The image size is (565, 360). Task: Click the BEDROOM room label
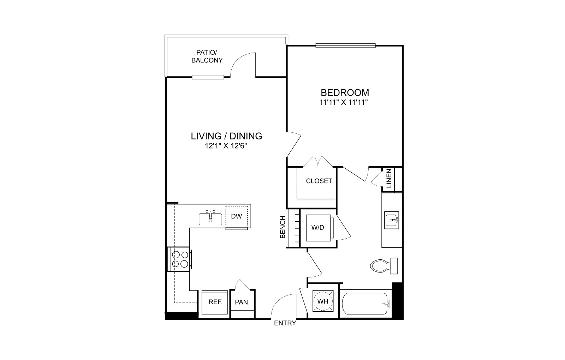[x=345, y=93]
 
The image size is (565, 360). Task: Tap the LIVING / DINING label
[x=226, y=136]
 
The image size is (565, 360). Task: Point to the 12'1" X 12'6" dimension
[x=226, y=146]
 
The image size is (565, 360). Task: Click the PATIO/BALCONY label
[x=207, y=56]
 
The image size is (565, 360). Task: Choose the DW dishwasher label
[x=236, y=216]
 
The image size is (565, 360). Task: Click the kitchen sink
[x=210, y=218]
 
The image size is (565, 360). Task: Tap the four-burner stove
[x=180, y=259]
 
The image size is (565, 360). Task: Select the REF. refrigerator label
[x=215, y=302]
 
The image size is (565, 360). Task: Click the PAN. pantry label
[x=242, y=302]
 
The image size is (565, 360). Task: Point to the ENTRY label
[x=285, y=323]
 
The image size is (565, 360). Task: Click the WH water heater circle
[x=323, y=301]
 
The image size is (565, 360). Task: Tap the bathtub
[x=365, y=304]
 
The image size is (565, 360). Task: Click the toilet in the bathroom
[x=384, y=266]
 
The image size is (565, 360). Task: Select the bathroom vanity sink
[x=392, y=220]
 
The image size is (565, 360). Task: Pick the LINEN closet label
[x=389, y=178]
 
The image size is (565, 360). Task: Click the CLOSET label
[x=319, y=181]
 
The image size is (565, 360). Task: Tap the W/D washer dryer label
[x=318, y=228]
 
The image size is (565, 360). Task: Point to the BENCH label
[x=283, y=227]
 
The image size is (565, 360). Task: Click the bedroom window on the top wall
[x=346, y=46]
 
